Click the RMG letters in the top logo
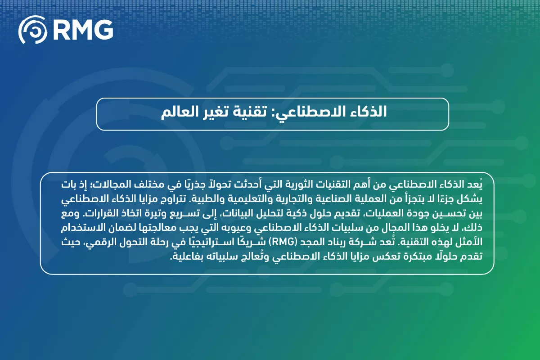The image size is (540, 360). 84,30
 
